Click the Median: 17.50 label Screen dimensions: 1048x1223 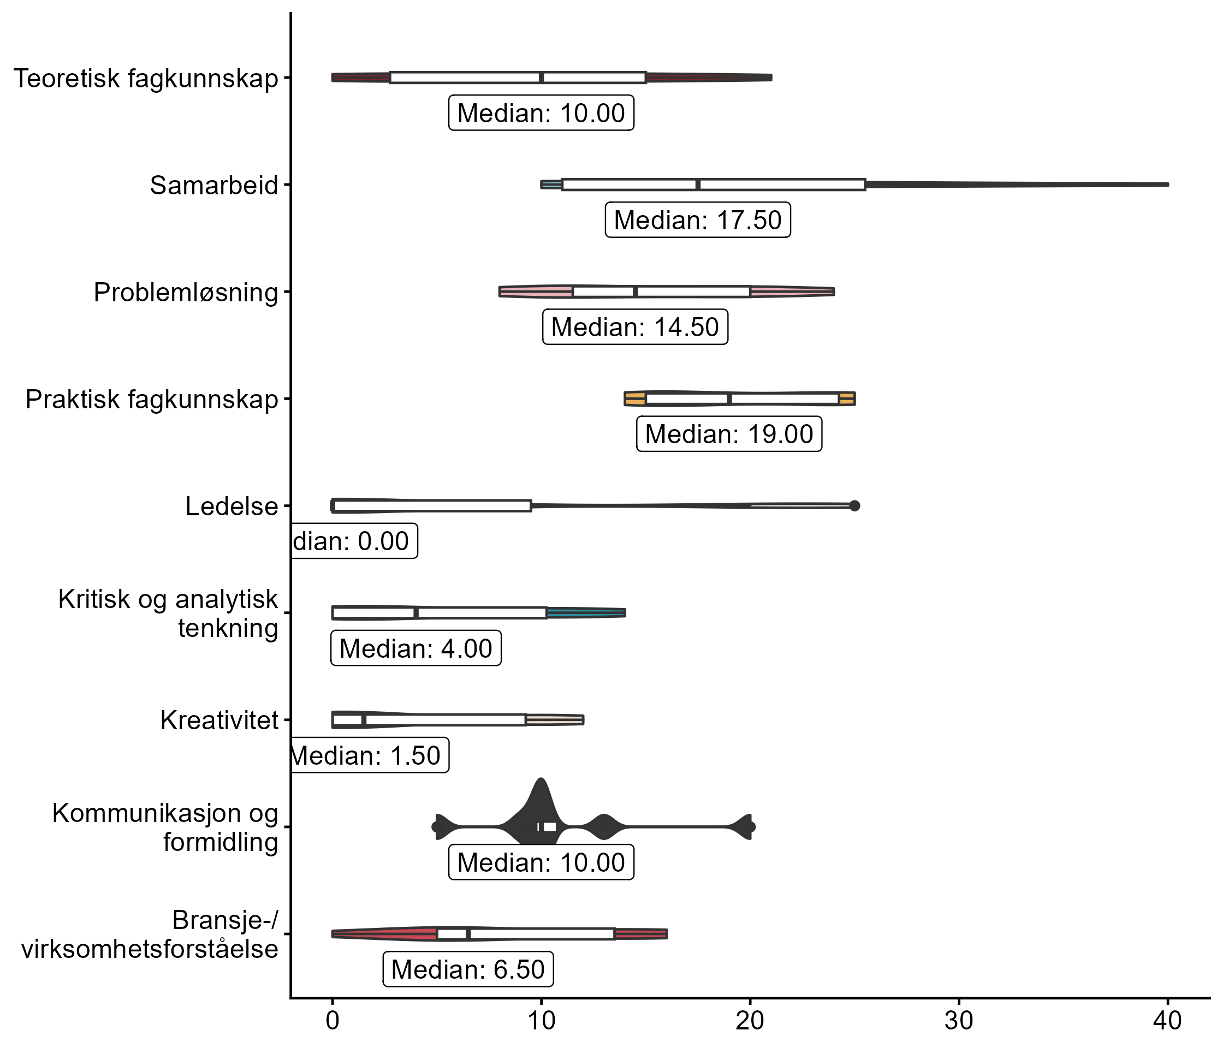click(x=698, y=220)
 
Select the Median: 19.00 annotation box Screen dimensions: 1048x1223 click(x=729, y=434)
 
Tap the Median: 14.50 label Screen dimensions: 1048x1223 click(x=635, y=327)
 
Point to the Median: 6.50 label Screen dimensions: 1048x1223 click(x=468, y=969)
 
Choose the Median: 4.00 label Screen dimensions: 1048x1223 click(x=415, y=648)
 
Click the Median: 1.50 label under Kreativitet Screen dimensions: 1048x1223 click(x=369, y=755)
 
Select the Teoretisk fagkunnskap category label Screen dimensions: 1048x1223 click(x=146, y=79)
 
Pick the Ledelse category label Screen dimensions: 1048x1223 click(x=231, y=507)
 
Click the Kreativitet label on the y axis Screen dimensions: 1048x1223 click(x=219, y=720)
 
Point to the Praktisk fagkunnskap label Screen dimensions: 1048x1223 click(x=152, y=400)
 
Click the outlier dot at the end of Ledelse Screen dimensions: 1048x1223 click(x=854, y=505)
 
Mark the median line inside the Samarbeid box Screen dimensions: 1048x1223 click(x=698, y=184)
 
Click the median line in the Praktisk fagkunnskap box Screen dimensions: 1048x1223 click(x=729, y=399)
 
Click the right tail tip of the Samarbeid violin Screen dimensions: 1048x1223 click(x=1166, y=184)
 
